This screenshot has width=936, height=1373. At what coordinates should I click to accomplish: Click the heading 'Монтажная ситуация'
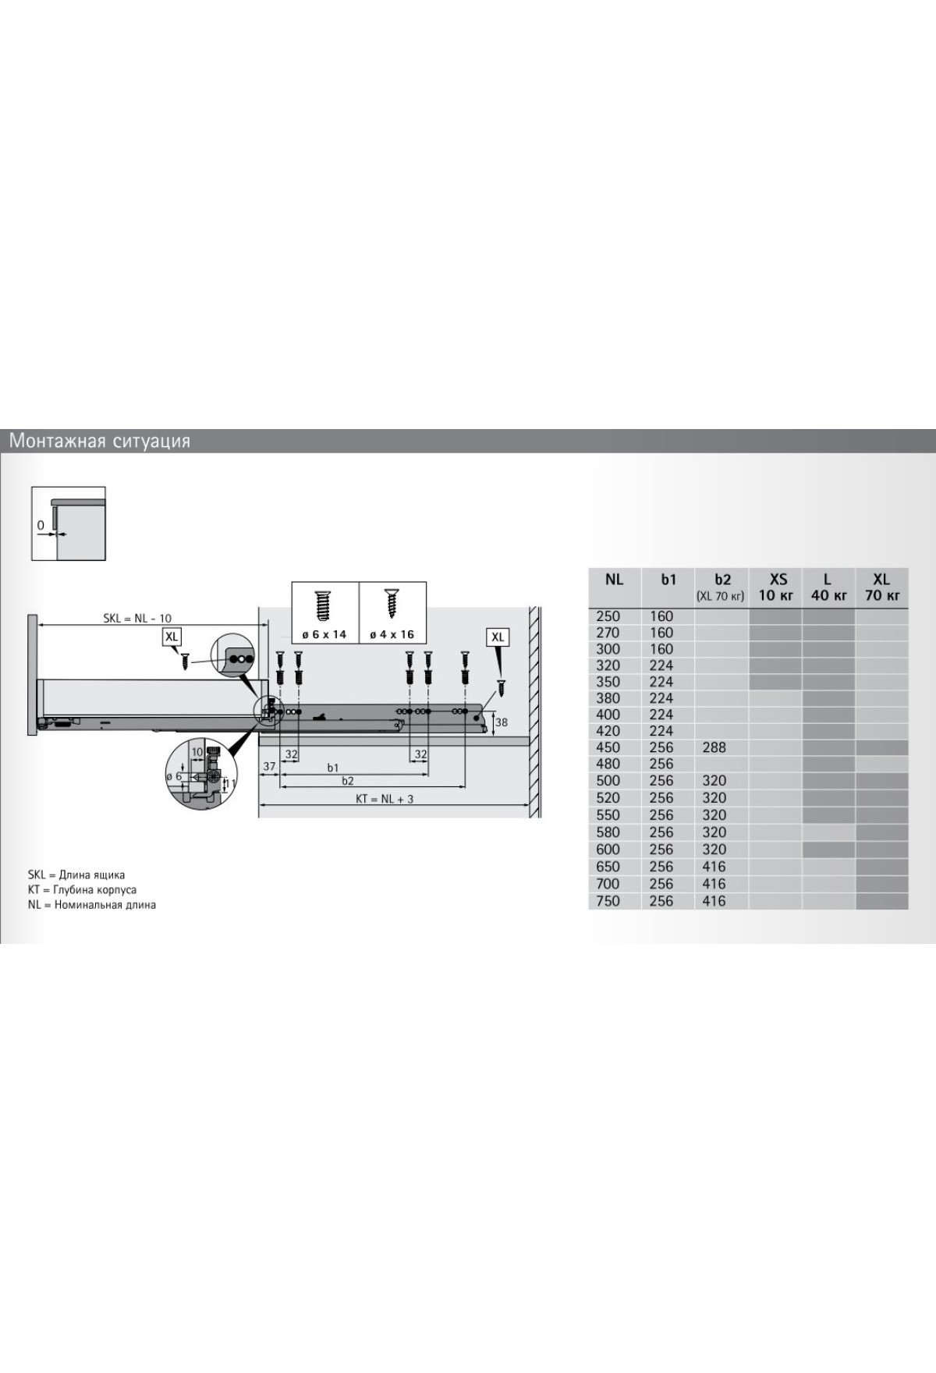[x=100, y=442]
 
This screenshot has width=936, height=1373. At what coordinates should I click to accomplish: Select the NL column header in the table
[x=614, y=580]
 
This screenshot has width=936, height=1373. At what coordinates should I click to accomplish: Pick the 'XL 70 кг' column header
[x=881, y=587]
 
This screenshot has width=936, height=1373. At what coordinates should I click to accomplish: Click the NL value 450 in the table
[x=608, y=747]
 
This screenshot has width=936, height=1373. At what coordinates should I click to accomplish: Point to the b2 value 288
[x=714, y=747]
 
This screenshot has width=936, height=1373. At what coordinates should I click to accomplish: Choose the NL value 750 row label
[x=608, y=901]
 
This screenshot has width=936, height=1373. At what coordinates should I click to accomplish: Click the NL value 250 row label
[x=608, y=616]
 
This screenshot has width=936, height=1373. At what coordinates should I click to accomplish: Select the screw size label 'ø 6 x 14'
[x=324, y=634]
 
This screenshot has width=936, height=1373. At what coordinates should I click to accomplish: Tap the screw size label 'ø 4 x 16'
[x=392, y=634]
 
